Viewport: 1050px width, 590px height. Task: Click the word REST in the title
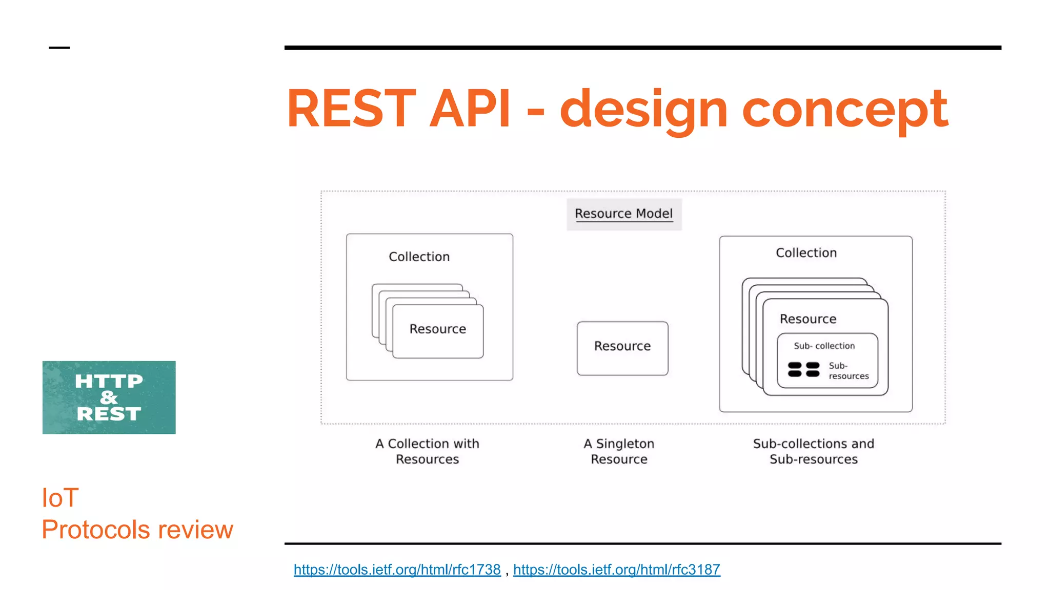(352, 109)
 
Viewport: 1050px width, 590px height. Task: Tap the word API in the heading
(470, 109)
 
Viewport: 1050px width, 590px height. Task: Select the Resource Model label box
(623, 214)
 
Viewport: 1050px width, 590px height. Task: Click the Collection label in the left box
(419, 257)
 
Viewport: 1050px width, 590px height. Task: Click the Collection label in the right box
(806, 252)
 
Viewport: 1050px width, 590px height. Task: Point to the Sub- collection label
(824, 346)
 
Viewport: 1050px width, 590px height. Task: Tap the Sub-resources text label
(848, 371)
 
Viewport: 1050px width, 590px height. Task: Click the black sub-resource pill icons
(803, 369)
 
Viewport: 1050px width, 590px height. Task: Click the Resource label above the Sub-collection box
(808, 319)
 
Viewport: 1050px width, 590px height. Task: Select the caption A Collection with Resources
(427, 451)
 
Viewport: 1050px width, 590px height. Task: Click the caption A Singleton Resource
(619, 451)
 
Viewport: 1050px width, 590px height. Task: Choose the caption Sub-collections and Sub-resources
(813, 451)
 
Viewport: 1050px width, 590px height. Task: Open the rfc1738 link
(397, 570)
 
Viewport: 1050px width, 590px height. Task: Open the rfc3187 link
(616, 570)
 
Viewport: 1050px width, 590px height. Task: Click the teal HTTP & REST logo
(109, 397)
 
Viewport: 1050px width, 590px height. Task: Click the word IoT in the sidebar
(60, 498)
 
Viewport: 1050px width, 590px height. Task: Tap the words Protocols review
(137, 530)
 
